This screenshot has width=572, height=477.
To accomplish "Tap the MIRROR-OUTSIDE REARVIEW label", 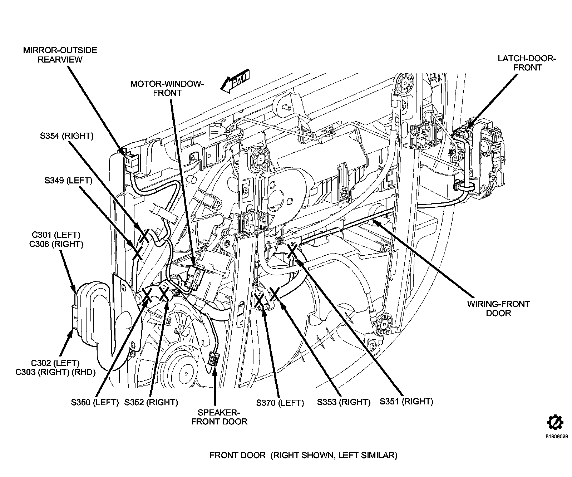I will coord(60,55).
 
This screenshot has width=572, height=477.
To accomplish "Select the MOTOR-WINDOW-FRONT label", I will coord(167,88).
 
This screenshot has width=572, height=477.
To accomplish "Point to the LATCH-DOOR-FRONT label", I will coord(527,63).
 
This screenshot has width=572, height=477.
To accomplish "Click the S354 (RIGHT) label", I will coord(66,136).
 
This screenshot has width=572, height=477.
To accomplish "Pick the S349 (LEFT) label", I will coord(68,181).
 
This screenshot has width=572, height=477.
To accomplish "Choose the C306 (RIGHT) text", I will coord(56,244).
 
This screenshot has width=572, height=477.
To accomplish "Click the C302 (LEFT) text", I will coord(56,363).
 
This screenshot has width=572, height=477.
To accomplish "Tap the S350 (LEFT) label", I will coord(95,402).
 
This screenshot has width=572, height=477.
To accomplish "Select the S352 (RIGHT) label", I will coord(151,402).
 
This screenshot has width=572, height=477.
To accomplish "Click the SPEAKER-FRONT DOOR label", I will coord(219,417).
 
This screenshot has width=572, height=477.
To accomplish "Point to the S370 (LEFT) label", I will coord(280,403).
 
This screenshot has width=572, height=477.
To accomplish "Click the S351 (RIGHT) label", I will coord(406,401).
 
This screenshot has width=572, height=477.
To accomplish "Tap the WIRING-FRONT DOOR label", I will coord(498,309).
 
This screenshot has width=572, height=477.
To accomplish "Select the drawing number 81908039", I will coord(556,436).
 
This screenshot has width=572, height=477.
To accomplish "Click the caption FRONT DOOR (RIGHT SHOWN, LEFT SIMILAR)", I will coord(303,455).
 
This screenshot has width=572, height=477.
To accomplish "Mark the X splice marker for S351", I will coord(292,251).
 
